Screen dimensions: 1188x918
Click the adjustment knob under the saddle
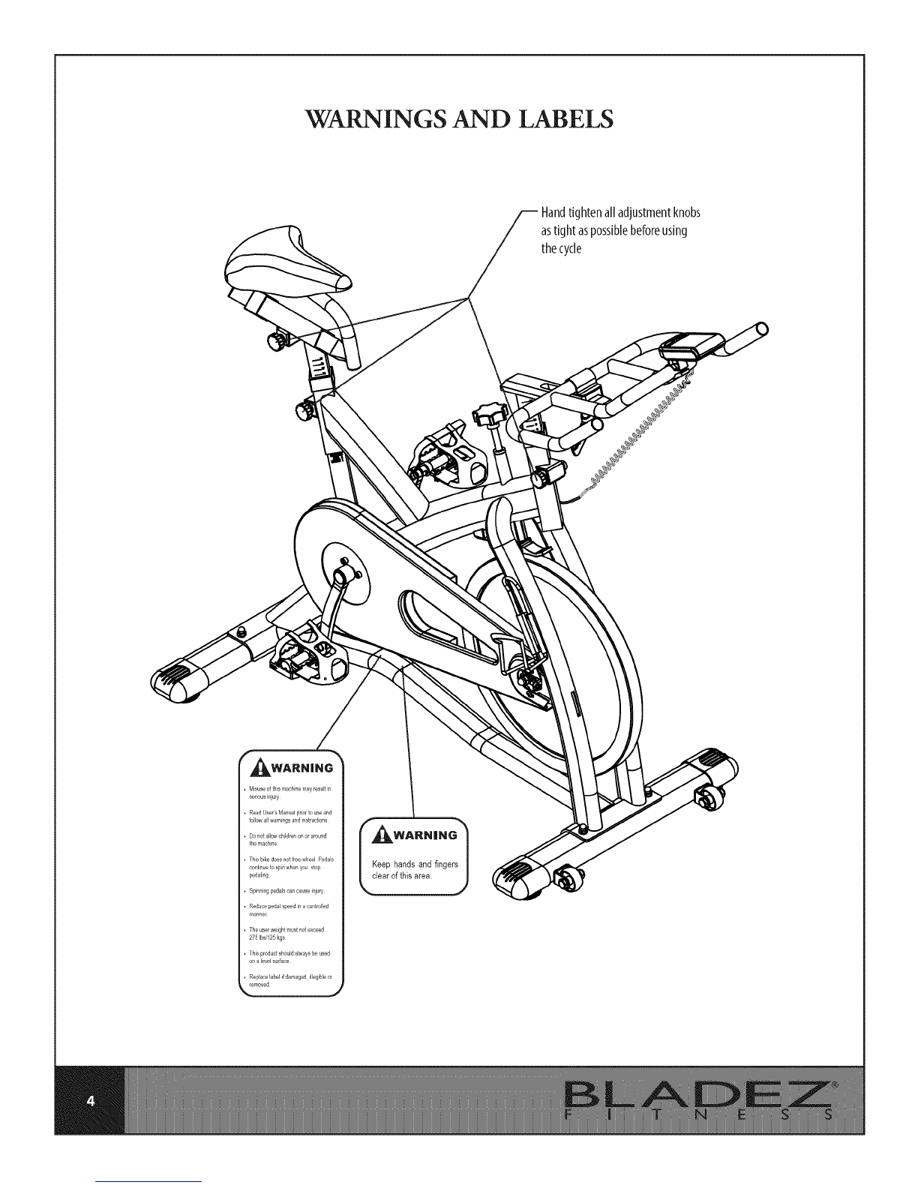click(278, 340)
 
